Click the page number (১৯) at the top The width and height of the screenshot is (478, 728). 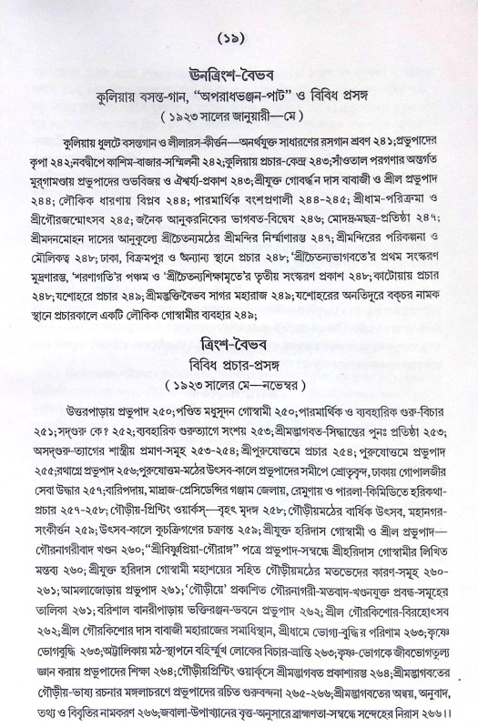coord(239,41)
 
